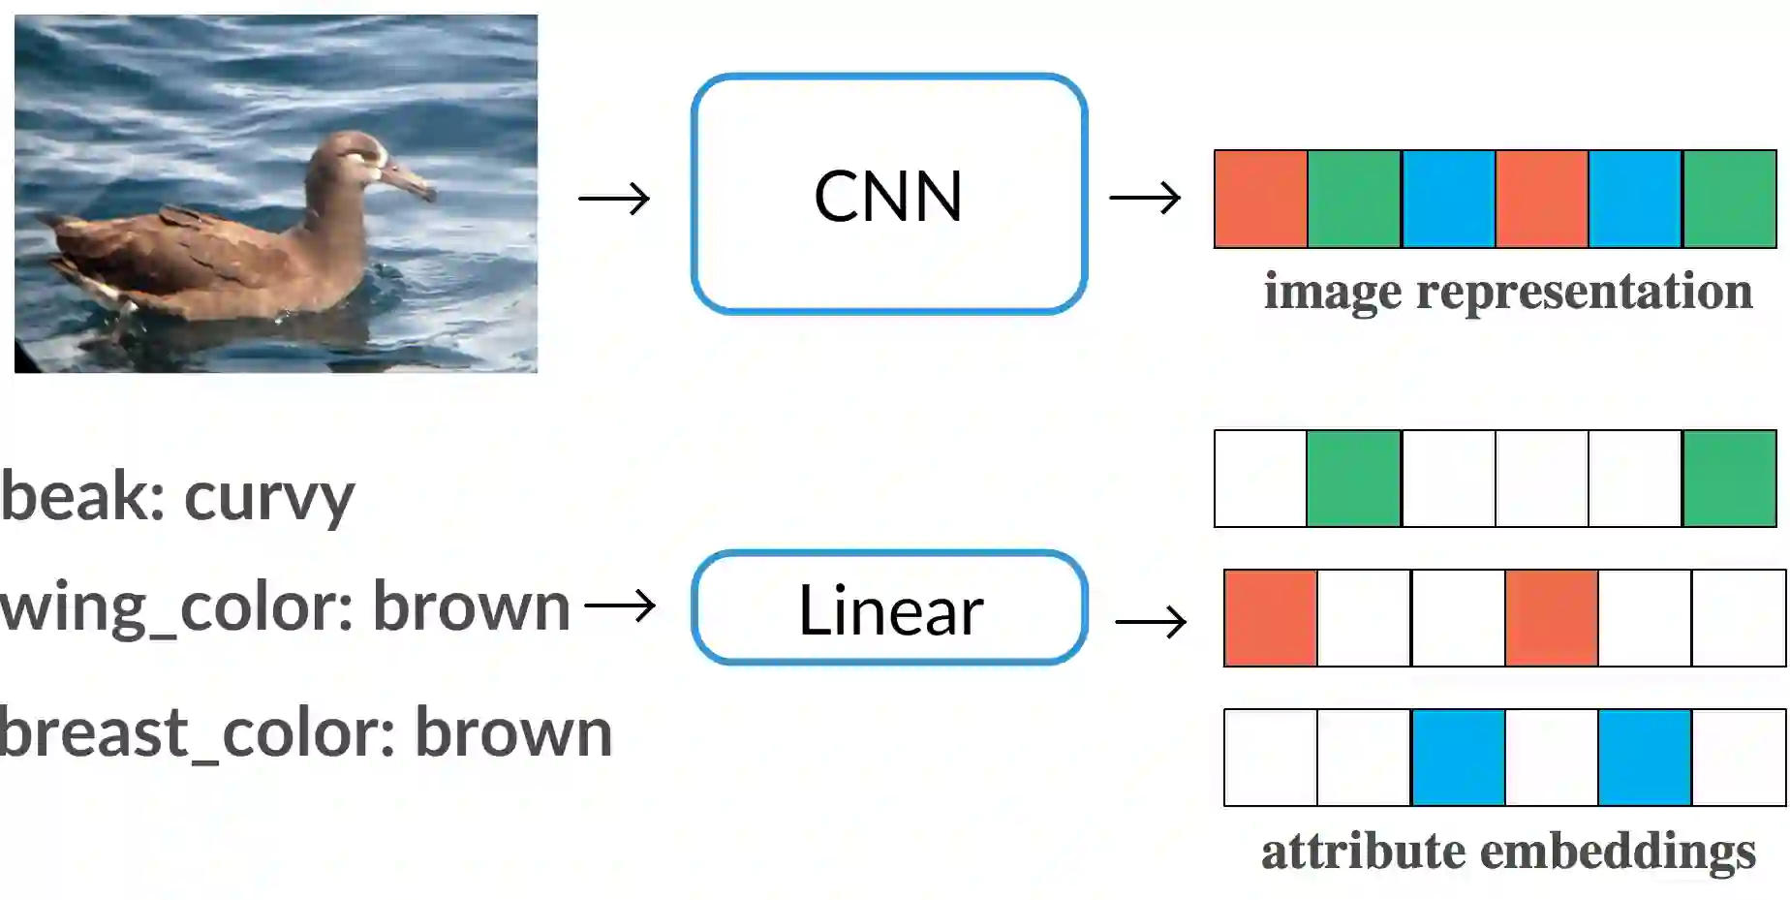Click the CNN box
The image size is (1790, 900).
889,194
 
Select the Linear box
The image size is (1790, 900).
889,608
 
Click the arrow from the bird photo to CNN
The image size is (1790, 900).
614,199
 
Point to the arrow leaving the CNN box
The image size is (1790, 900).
1145,199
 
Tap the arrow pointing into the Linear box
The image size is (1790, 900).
620,606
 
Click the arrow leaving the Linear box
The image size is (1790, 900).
1151,621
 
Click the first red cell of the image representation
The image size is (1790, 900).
1260,199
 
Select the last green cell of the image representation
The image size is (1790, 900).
1729,199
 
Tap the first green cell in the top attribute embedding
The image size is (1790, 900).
1353,479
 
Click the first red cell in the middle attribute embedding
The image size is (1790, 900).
1270,618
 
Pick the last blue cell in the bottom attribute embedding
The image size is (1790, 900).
1644,758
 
